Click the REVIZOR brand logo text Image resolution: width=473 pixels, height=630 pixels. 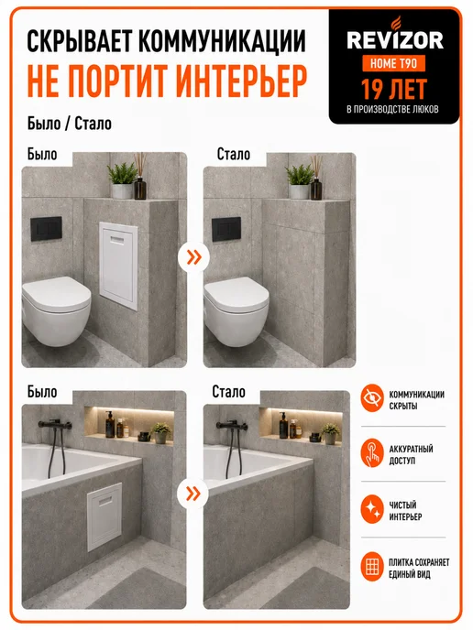(394, 40)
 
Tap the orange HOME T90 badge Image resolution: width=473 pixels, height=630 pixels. (394, 63)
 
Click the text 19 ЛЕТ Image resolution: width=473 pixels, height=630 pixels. (394, 89)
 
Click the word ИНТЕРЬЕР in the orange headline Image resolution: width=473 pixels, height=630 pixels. (241, 80)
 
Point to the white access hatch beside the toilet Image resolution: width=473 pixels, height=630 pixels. (118, 266)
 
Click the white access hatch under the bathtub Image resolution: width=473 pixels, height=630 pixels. (104, 516)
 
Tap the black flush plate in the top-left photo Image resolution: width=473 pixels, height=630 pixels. (47, 229)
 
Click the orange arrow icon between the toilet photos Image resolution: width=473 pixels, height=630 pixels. (194, 257)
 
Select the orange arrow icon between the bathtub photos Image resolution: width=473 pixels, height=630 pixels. (194, 494)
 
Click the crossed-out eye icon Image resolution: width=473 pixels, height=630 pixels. (372, 398)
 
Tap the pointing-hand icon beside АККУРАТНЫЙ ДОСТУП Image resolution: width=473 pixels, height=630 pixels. (372, 452)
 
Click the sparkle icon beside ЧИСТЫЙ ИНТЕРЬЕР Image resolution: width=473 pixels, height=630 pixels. (372, 509)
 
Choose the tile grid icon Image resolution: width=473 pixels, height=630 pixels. (372, 567)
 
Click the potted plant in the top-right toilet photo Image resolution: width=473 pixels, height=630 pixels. (300, 181)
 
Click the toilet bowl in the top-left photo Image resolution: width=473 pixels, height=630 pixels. (56, 310)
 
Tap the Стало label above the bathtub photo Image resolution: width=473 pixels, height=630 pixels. (228, 392)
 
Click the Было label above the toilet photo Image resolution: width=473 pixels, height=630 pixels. (42, 154)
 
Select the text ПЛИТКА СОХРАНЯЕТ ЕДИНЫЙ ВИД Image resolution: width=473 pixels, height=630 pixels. (419, 568)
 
